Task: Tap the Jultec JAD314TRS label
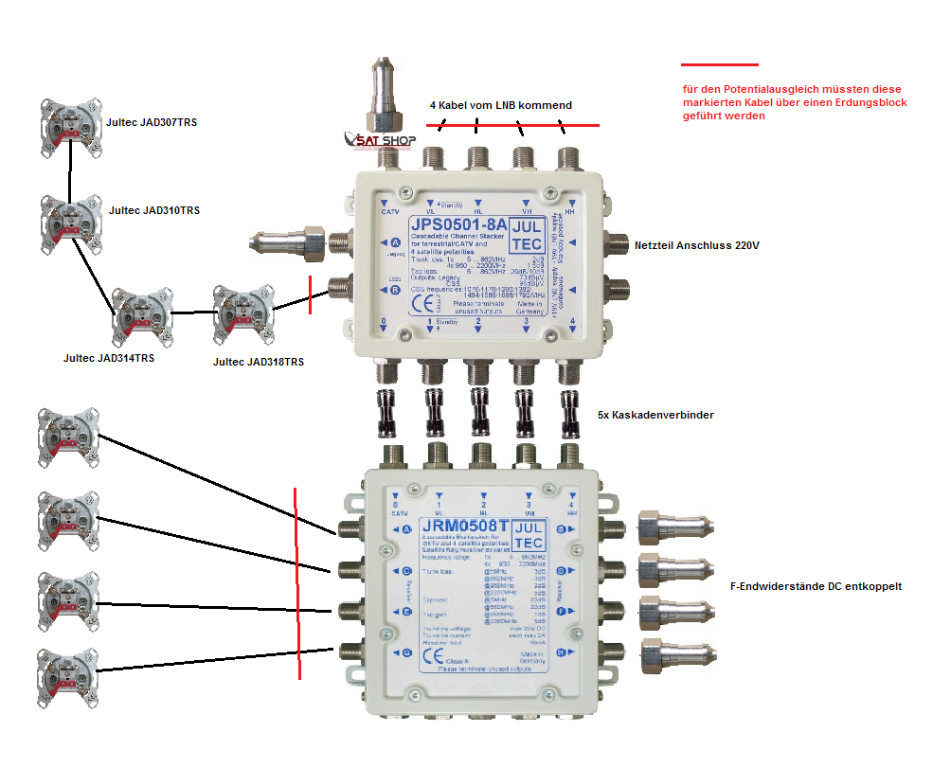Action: pos(108,358)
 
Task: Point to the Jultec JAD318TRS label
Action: pos(259,362)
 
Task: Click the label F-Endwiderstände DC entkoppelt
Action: pos(816,586)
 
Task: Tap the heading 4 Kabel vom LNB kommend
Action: pos(501,105)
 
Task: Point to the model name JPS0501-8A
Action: pos(458,224)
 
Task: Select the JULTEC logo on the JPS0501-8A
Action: pos(527,233)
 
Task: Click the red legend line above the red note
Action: pos(720,65)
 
